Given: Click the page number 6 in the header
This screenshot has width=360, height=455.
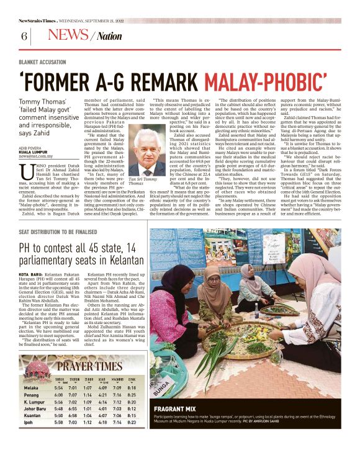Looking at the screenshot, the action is coord(24,36).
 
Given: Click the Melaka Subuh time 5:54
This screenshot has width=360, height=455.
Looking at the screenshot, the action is coord(60,387).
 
